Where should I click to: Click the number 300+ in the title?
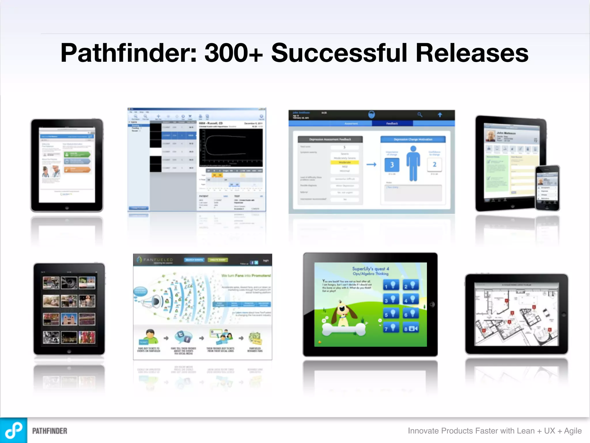click(234, 53)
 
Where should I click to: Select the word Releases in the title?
click(472, 53)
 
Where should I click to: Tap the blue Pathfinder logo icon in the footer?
click(14, 430)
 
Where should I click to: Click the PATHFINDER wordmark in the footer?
click(50, 431)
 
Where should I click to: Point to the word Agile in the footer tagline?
click(573, 431)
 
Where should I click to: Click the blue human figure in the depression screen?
click(413, 163)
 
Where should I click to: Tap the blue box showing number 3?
click(392, 165)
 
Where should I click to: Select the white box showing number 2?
click(434, 164)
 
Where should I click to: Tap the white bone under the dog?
click(344, 329)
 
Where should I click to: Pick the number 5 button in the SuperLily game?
click(391, 314)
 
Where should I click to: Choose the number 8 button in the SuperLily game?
click(411, 328)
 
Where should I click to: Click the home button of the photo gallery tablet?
click(69, 352)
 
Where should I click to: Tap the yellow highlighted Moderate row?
click(345, 162)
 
